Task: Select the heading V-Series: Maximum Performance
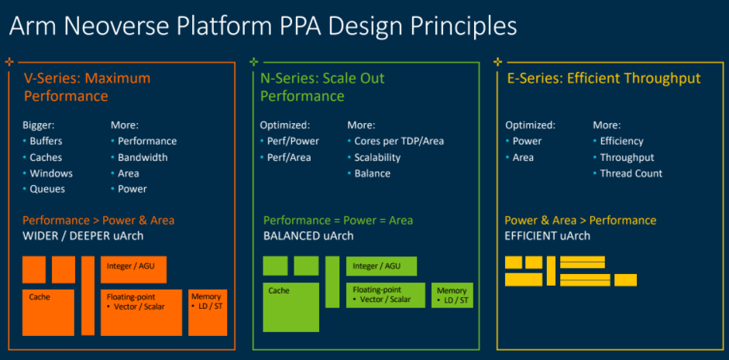click(88, 87)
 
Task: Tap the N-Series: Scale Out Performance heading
click(322, 87)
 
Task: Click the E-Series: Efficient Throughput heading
click(603, 78)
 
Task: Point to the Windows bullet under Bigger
click(51, 173)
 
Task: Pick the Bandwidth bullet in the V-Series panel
click(143, 157)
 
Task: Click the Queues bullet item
click(47, 189)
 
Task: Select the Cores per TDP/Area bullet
click(399, 141)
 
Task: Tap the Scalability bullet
click(377, 157)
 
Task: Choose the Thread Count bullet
click(631, 173)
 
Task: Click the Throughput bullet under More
click(627, 157)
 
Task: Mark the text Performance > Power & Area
click(98, 220)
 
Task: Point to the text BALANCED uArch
click(308, 236)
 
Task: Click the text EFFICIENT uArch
click(547, 236)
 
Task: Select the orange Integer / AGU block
click(133, 269)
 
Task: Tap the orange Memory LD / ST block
click(208, 312)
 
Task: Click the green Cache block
click(291, 307)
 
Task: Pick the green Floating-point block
click(386, 295)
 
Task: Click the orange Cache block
click(48, 312)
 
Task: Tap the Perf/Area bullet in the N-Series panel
click(289, 157)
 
